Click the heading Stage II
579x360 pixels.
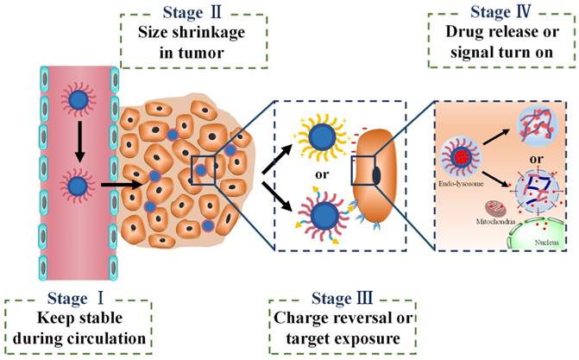[x=192, y=12]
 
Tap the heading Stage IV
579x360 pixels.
[x=500, y=12]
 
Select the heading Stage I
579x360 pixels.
[x=75, y=299]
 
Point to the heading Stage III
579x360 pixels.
[x=342, y=299]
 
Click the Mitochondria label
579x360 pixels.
[x=495, y=222]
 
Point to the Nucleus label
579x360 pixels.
[x=546, y=243]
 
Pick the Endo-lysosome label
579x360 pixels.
[x=461, y=183]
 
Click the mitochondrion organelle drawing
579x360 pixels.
[x=494, y=209]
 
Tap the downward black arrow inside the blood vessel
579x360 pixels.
[x=79, y=142]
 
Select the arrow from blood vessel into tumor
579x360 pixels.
[x=122, y=184]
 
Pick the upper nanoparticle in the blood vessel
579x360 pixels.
[x=79, y=100]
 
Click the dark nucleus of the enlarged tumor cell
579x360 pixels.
[x=376, y=175]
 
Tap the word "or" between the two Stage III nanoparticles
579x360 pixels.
[x=322, y=174]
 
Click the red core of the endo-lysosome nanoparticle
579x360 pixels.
[x=461, y=157]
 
